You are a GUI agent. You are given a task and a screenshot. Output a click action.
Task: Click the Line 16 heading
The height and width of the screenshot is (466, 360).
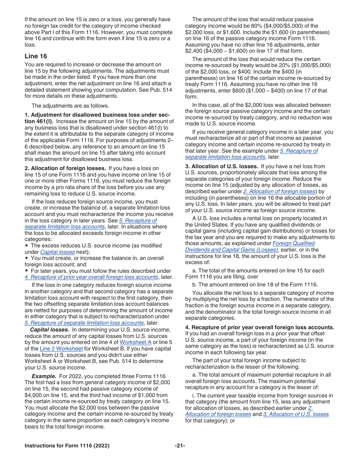pos(36,56)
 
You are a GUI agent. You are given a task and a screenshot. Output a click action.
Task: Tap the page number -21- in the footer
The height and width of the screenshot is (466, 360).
pos(180,446)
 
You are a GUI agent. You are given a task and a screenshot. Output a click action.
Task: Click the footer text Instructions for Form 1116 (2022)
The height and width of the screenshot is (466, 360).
pos(67,446)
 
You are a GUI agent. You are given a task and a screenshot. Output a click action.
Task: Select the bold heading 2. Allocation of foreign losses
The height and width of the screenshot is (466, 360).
pos(66,168)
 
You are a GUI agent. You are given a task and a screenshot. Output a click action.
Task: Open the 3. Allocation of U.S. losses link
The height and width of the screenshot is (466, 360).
pos(296,414)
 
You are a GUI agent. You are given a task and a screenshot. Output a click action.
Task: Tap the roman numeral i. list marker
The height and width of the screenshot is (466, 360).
pos(194,396)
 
